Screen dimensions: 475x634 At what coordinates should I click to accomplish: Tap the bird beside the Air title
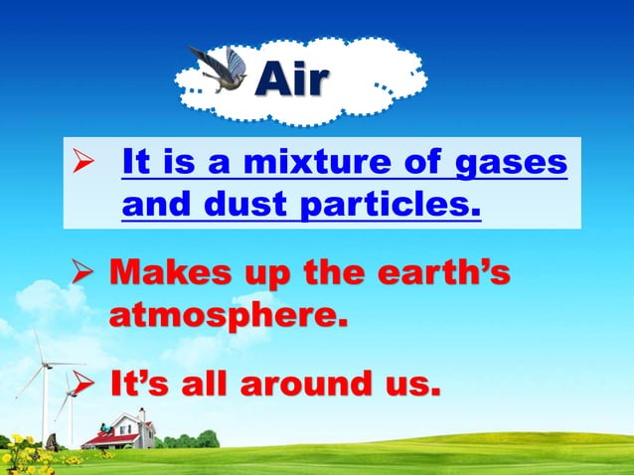[221, 70]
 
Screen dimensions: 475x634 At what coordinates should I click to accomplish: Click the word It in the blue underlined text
[137, 162]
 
